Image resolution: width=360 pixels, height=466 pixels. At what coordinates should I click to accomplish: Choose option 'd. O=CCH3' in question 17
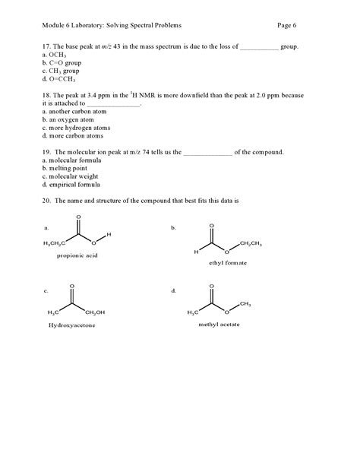pos(60,79)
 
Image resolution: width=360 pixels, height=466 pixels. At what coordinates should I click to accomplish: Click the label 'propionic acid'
pos(77,255)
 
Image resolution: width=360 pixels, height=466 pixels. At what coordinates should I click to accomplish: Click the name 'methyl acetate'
pos(218,324)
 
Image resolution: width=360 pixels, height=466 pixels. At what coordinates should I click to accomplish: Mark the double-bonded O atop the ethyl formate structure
pos(212,226)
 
